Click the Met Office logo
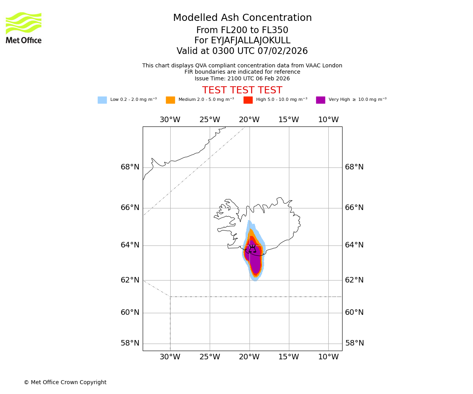[x=24, y=28]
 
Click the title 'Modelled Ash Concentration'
[x=242, y=18]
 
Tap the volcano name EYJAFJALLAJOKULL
[x=242, y=41]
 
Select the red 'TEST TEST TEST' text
[x=242, y=91]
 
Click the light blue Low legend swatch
[x=102, y=100]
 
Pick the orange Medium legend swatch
[x=170, y=100]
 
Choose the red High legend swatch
[x=248, y=100]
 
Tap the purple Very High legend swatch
[x=320, y=100]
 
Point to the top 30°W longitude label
[x=170, y=120]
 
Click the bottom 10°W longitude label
[x=328, y=357]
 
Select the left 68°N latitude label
[x=130, y=167]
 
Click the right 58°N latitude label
[x=354, y=343]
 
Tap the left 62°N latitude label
[x=130, y=280]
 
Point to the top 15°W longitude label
[x=289, y=120]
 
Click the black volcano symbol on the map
[x=252, y=249]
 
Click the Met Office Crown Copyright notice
[x=65, y=383]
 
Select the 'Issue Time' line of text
[x=242, y=79]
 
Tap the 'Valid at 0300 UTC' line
[x=242, y=51]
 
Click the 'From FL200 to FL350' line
[x=242, y=30]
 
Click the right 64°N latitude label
[x=354, y=245]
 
